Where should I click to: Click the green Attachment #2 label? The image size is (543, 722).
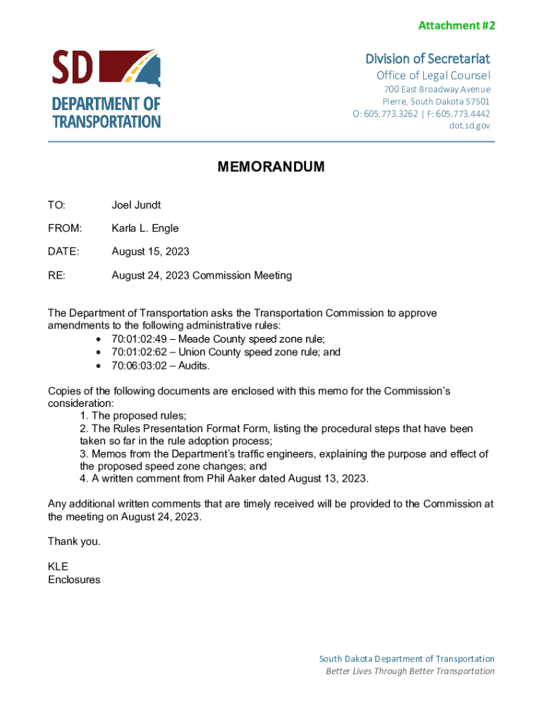pyautogui.click(x=456, y=25)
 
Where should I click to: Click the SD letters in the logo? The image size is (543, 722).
pyautogui.click(x=73, y=68)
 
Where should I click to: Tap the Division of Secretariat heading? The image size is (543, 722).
pyautogui.click(x=427, y=58)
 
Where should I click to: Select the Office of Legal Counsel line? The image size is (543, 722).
pyautogui.click(x=433, y=75)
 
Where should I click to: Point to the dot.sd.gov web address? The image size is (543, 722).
pyautogui.click(x=469, y=126)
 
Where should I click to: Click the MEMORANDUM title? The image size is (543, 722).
pyautogui.click(x=271, y=167)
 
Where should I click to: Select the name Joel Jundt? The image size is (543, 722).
pyautogui.click(x=136, y=205)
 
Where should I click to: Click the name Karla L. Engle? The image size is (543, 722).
pyautogui.click(x=145, y=228)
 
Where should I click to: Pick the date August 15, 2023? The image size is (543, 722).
pyautogui.click(x=150, y=252)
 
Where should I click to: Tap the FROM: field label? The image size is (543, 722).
pyautogui.click(x=65, y=228)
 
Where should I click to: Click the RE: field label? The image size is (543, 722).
pyautogui.click(x=56, y=275)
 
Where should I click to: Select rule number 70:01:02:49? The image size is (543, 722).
pyautogui.click(x=138, y=339)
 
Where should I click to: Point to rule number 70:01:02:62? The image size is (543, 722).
pyautogui.click(x=138, y=353)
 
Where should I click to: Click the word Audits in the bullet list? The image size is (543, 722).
pyautogui.click(x=194, y=366)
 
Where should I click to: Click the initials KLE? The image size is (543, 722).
pyautogui.click(x=58, y=566)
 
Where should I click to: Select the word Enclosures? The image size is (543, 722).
pyautogui.click(x=74, y=580)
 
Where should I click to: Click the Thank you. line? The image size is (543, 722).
pyautogui.click(x=74, y=541)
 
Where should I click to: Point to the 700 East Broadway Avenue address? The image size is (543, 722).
pyautogui.click(x=437, y=90)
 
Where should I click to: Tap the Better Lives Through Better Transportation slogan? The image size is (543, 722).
pyautogui.click(x=410, y=671)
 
